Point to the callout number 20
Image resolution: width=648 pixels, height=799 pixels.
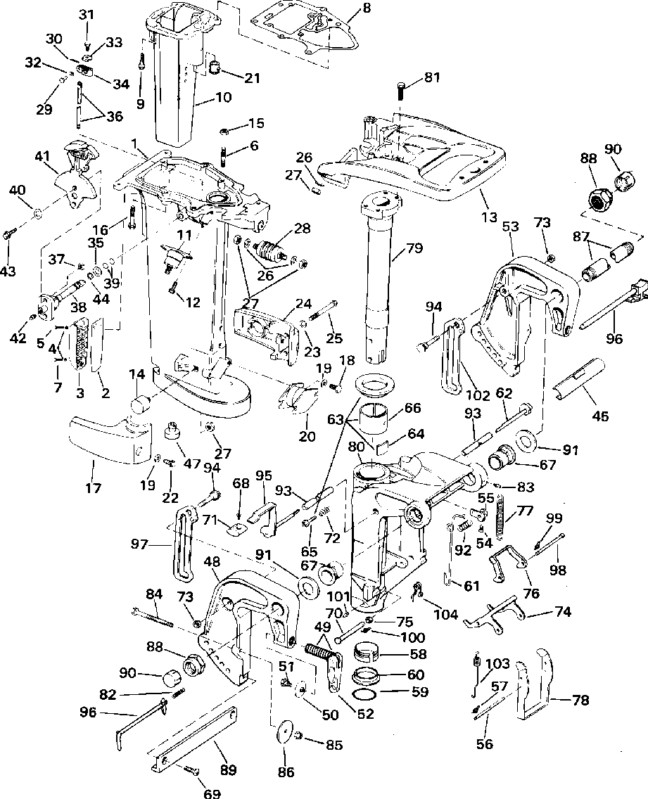[x=307, y=436]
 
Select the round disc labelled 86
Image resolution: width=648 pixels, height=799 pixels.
[x=285, y=732]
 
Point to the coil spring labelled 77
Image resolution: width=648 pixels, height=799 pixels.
[x=502, y=516]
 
